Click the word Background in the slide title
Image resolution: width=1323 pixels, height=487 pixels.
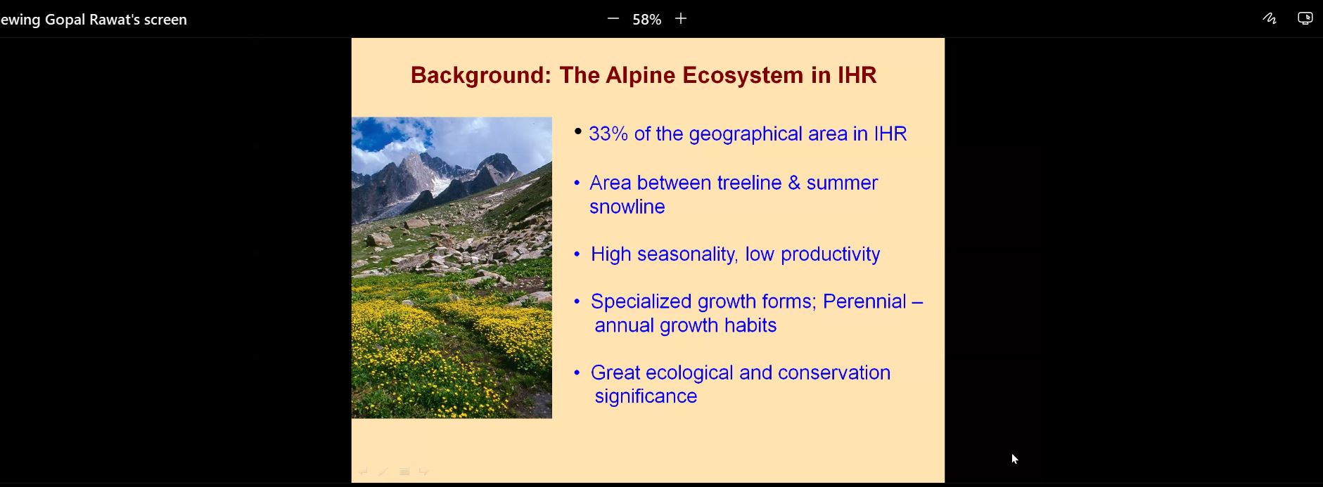(x=481, y=75)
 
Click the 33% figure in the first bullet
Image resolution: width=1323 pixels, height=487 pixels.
(x=608, y=134)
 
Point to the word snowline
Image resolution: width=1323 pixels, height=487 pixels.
(x=627, y=207)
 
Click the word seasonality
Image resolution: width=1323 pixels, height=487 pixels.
(x=686, y=254)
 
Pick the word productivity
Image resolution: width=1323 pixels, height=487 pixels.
(x=830, y=254)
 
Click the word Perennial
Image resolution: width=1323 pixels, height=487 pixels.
(x=864, y=301)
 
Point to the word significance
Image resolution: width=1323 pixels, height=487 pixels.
(x=646, y=396)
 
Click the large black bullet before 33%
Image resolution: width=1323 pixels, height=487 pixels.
(x=578, y=131)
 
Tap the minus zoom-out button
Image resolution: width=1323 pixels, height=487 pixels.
(x=613, y=19)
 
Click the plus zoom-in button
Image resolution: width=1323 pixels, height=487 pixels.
(x=680, y=19)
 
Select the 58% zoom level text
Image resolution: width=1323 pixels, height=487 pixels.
(x=646, y=20)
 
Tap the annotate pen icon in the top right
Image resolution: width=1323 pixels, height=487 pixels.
(x=1270, y=19)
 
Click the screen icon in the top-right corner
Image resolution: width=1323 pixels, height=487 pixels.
(x=1305, y=19)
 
